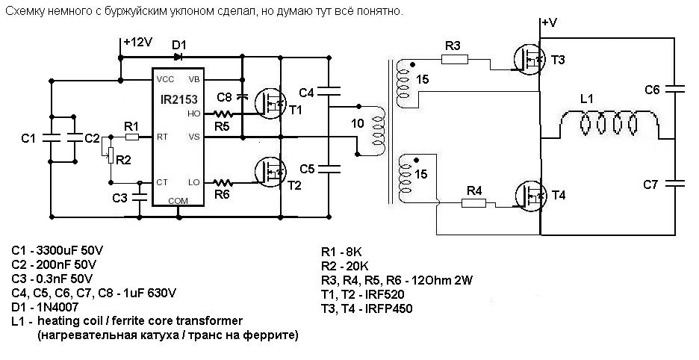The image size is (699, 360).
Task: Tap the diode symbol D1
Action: click(x=178, y=55)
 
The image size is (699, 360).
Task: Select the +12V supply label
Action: click(x=138, y=43)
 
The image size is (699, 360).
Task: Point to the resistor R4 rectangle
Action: click(x=474, y=202)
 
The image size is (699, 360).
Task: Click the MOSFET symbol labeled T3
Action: click(x=529, y=58)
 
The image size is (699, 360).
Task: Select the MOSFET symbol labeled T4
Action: click(x=530, y=195)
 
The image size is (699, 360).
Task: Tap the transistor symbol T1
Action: click(x=269, y=102)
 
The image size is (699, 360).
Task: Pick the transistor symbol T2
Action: click(x=269, y=172)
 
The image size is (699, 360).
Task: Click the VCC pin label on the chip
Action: click(x=165, y=78)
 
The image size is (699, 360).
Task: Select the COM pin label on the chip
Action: click(x=178, y=200)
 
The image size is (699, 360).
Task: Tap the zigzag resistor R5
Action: click(x=222, y=114)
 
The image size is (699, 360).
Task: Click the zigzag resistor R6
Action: click(x=222, y=182)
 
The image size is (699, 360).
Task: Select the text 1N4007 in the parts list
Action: click(x=58, y=306)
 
